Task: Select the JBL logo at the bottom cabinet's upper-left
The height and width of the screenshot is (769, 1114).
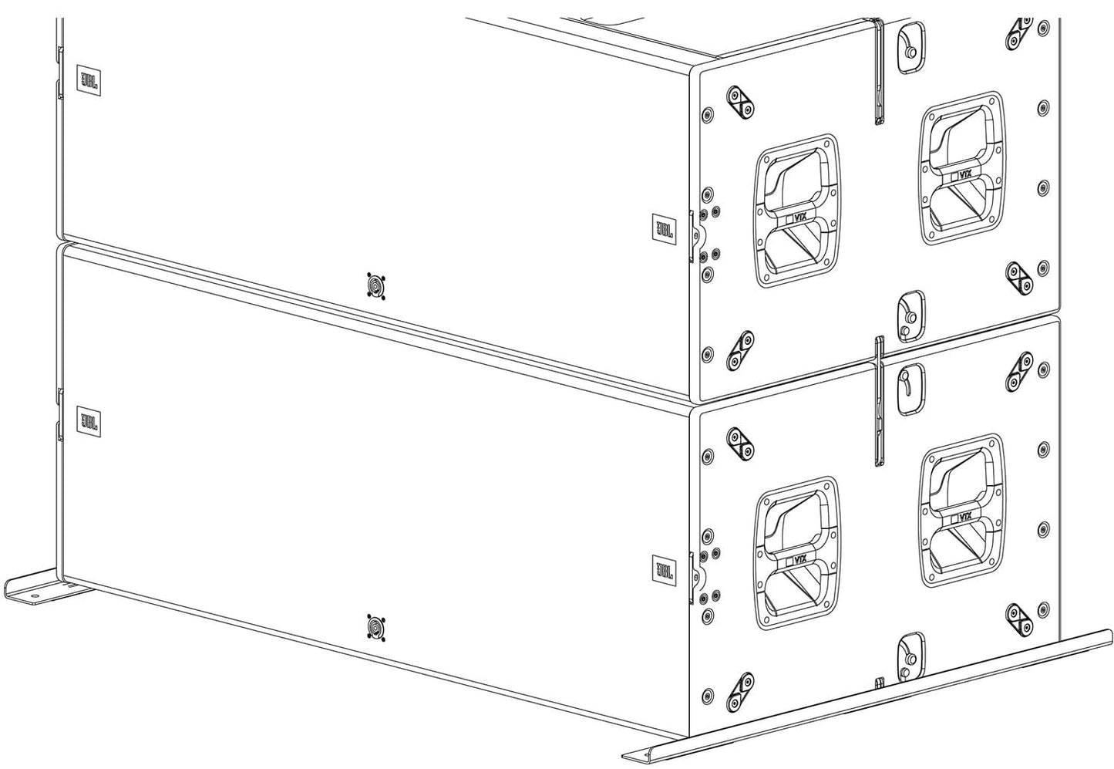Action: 86,422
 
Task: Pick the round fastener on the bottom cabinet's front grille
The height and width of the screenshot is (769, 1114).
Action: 375,626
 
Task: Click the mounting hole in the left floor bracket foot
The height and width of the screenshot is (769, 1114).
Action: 33,595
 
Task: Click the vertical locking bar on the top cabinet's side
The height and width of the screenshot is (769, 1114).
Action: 878,73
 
